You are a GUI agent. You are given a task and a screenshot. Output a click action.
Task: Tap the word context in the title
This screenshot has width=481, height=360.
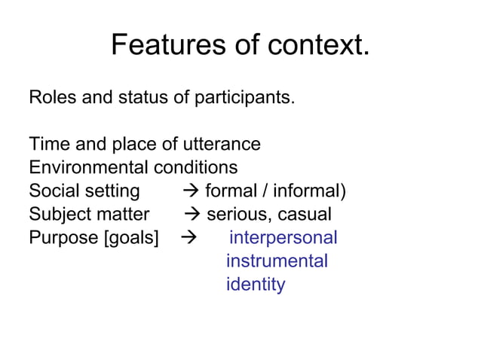click(x=317, y=46)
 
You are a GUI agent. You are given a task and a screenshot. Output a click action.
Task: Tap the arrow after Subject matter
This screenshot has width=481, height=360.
click(x=193, y=215)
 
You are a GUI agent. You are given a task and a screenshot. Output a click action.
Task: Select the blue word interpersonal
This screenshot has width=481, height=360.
click(x=283, y=239)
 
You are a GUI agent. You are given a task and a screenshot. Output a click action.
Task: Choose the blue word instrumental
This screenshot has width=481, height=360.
click(x=277, y=262)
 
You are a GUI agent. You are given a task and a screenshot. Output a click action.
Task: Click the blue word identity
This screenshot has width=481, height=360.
click(x=256, y=285)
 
